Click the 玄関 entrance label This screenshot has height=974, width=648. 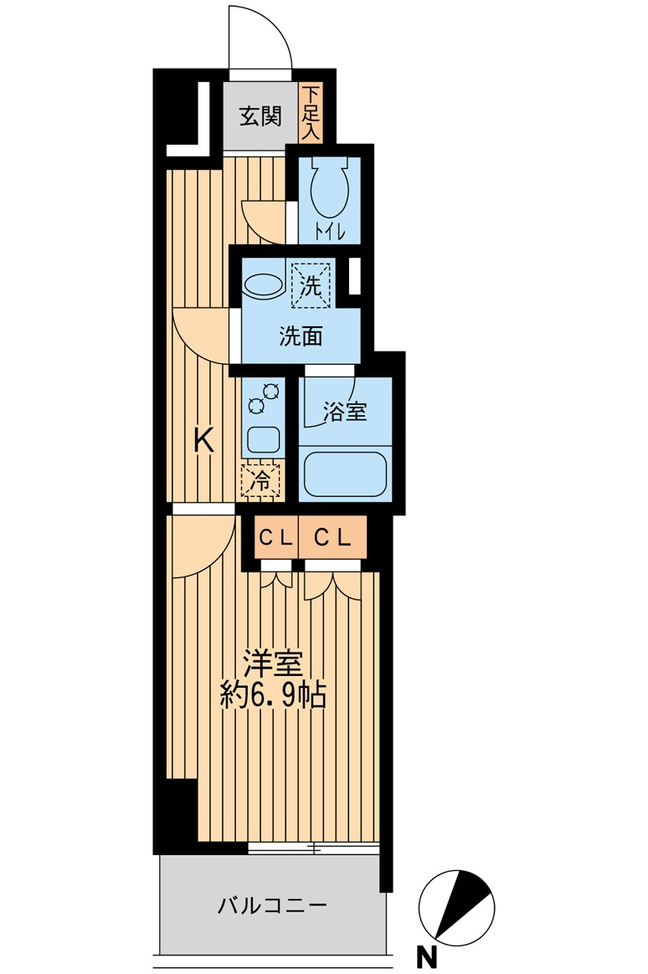pos(260,115)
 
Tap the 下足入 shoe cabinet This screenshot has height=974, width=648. pos(311,113)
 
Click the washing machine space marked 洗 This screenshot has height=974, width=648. pos(311,285)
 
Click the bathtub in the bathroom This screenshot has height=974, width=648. pos(345,474)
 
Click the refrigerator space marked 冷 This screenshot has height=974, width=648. pos(261,480)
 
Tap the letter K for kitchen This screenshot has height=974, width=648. pos(203,439)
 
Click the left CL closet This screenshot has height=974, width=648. pos(275,539)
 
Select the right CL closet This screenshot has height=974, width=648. pos(332,539)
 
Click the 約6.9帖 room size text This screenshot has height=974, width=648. pos(273,695)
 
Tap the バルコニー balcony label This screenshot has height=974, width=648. pos(272,905)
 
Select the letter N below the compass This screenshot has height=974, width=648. pos(426,956)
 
